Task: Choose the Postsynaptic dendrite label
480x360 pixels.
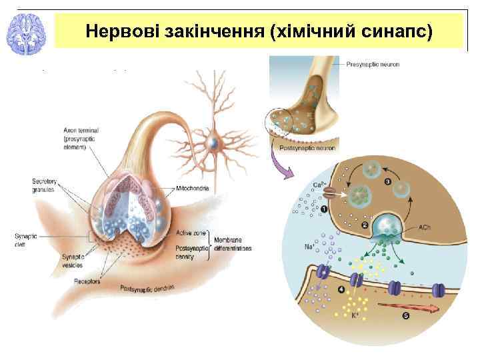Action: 147,288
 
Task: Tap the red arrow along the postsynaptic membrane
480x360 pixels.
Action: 407,307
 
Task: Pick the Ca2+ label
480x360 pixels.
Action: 319,185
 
